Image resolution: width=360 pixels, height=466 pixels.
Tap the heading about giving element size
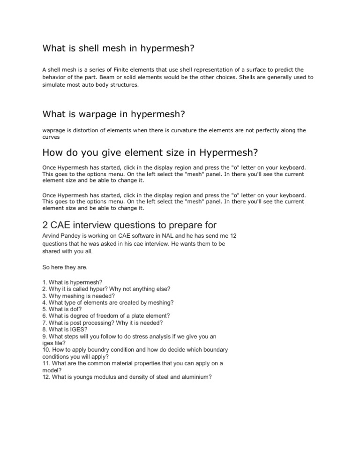pyautogui.click(x=150, y=153)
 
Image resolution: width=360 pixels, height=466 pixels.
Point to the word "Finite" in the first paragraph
pyautogui.click(x=148, y=69)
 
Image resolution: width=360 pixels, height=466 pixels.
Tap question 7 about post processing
pyautogui.click(x=99, y=322)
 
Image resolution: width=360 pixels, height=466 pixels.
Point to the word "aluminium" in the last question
pyautogui.click(x=194, y=376)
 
